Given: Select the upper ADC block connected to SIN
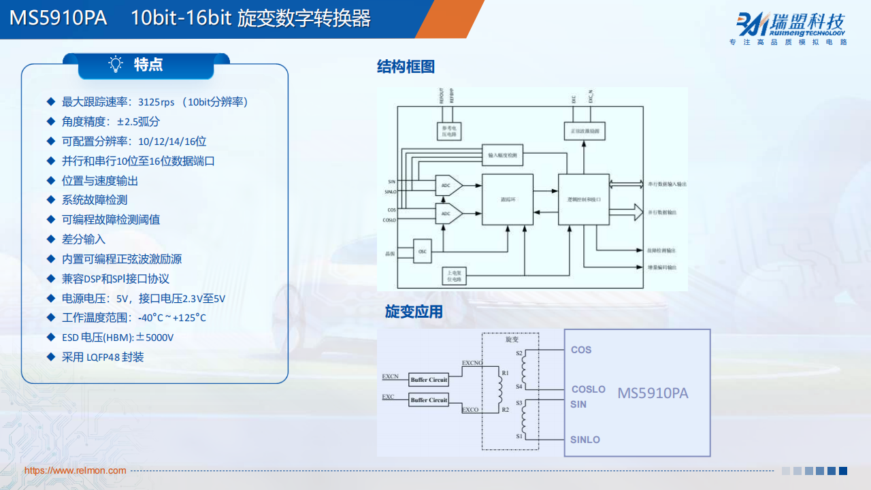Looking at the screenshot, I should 446,185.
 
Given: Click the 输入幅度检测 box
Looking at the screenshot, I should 502,155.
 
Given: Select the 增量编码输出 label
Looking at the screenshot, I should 661,267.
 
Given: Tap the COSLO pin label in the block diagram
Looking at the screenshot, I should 390,220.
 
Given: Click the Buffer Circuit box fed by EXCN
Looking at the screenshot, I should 429,380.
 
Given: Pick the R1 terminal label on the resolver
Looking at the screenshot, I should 505,373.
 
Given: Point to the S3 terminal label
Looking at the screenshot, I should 519,403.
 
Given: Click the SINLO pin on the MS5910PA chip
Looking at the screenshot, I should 585,440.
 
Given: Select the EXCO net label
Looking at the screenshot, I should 470,410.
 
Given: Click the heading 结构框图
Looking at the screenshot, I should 406,67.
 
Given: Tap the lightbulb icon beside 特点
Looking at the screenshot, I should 116,65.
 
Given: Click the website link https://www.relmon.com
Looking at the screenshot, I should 75,470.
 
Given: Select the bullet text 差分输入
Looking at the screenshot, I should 84,240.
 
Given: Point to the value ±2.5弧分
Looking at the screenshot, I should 138,122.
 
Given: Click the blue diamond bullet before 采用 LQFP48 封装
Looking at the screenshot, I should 50,357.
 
